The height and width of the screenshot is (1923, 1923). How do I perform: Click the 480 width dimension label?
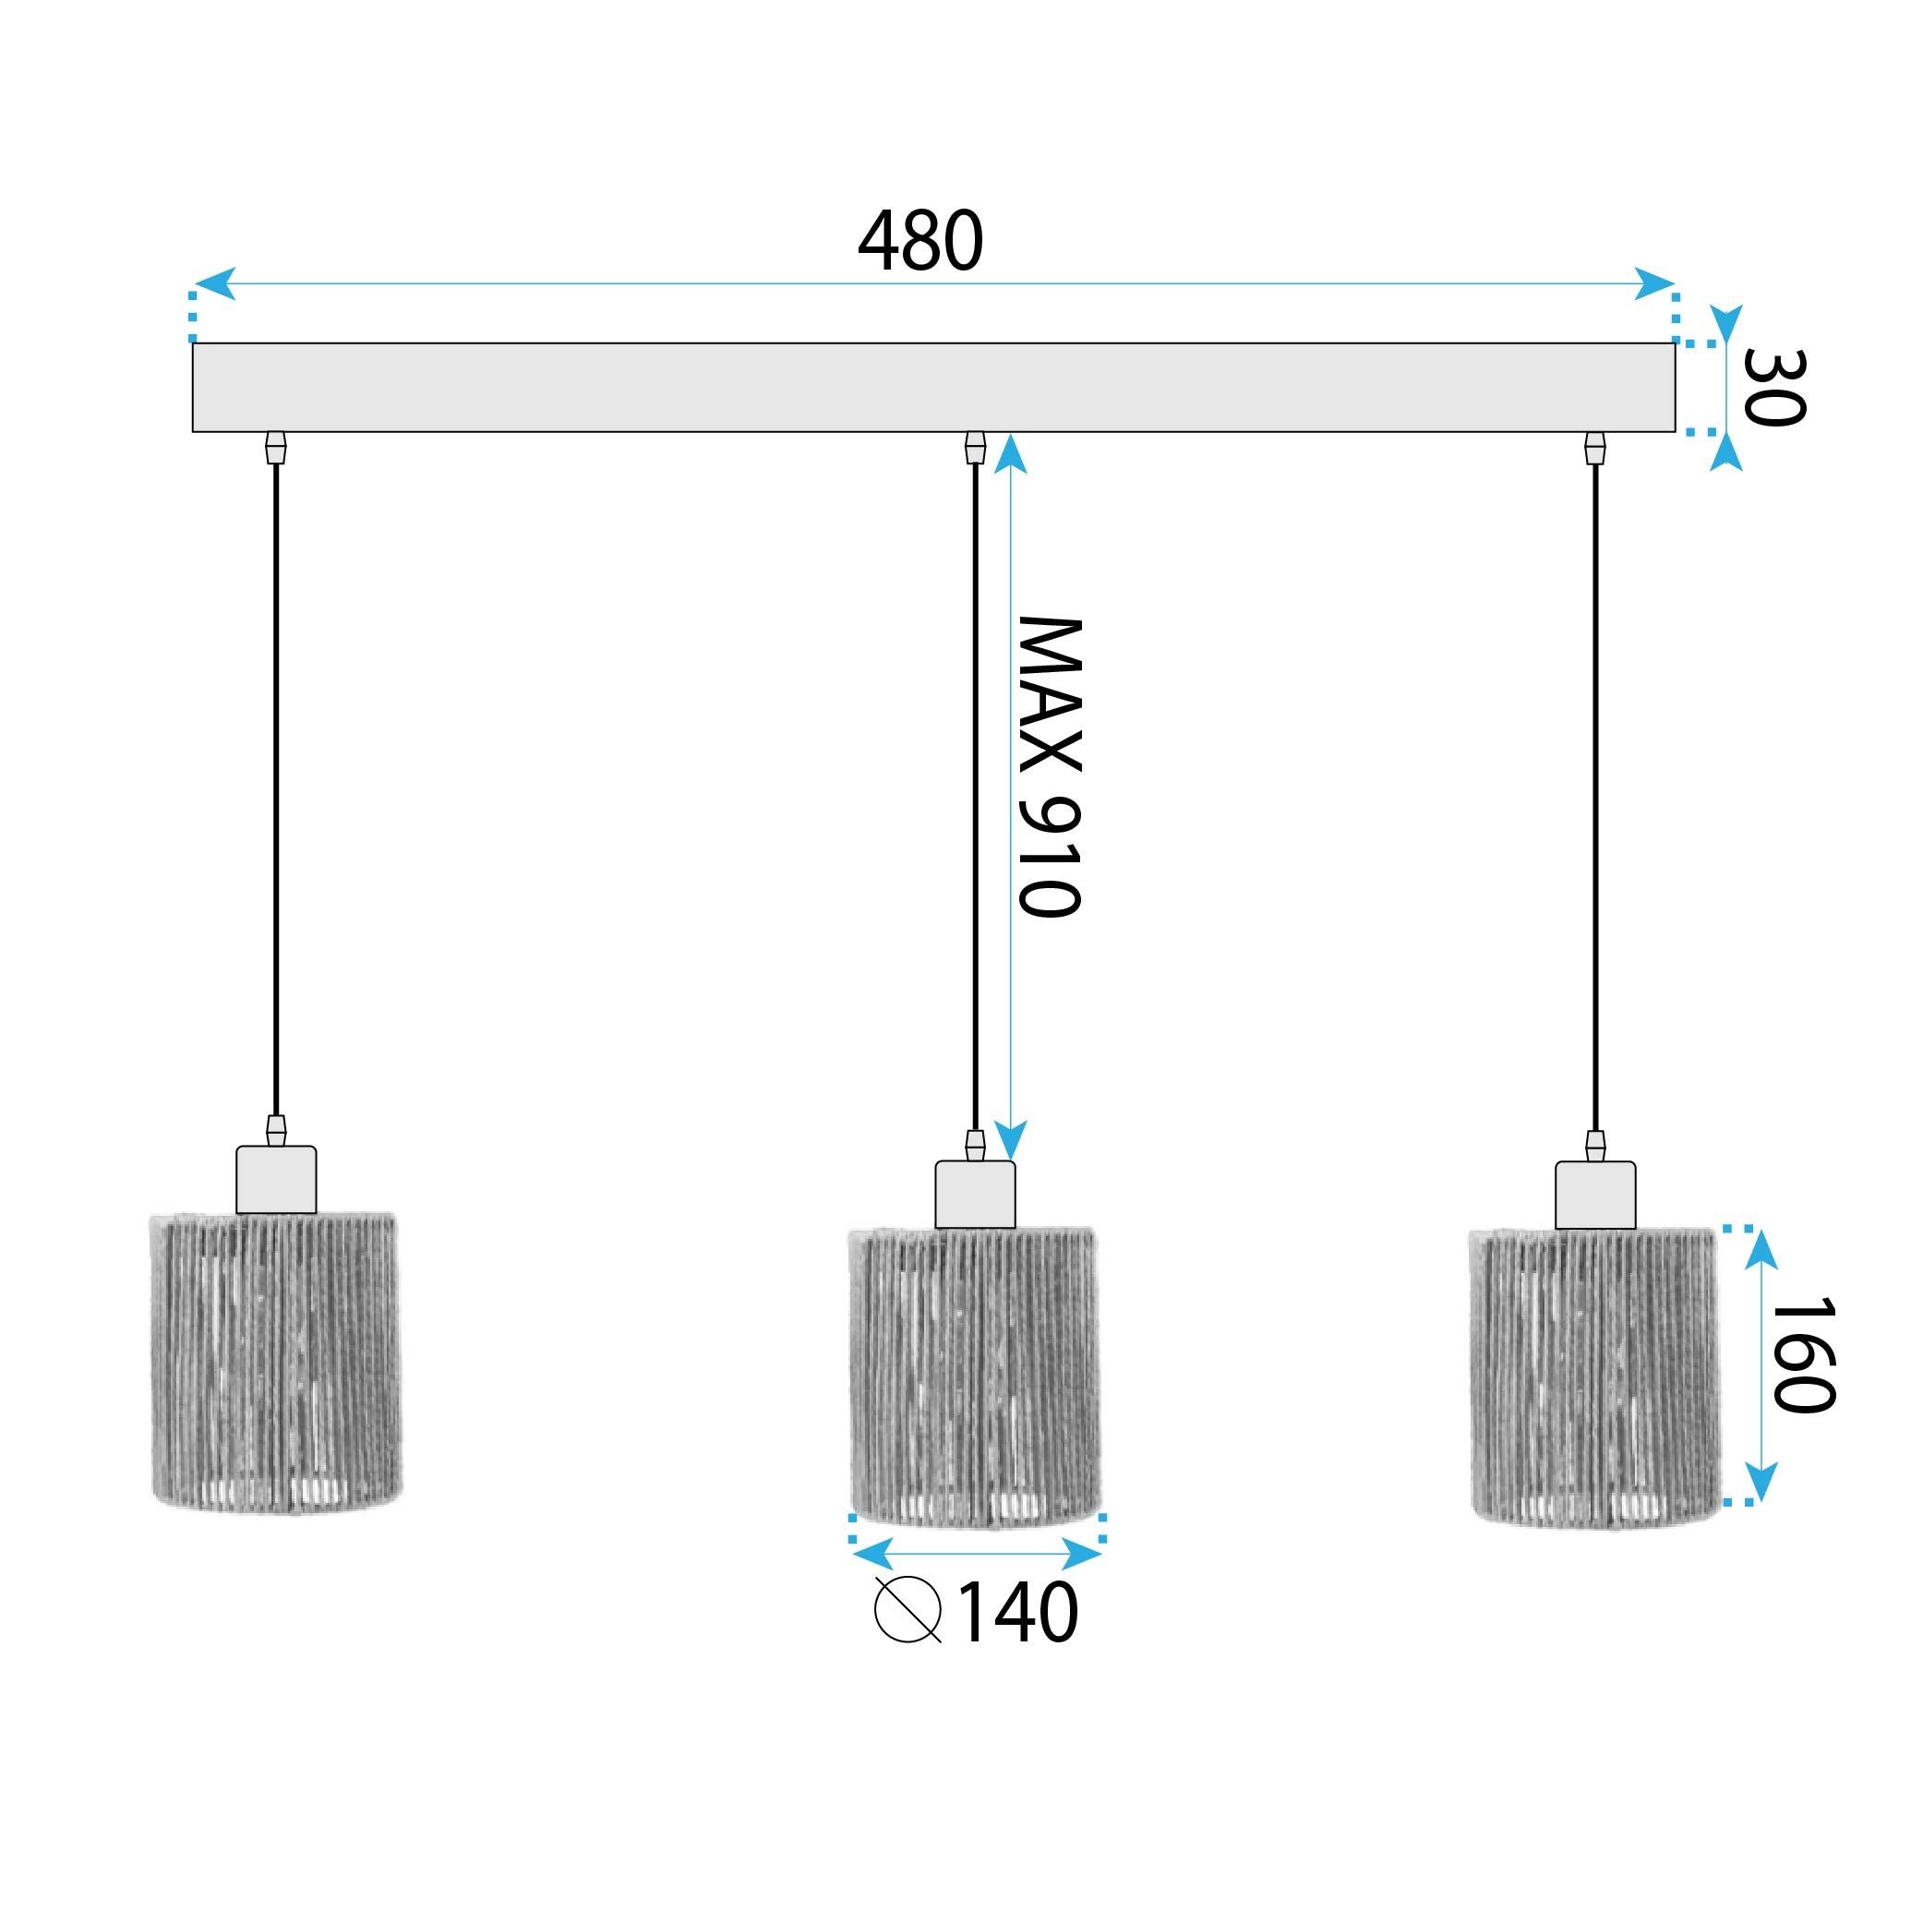click(919, 242)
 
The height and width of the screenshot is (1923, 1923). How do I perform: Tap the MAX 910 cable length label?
click(1048, 766)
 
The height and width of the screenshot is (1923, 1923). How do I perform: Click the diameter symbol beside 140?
click(907, 1609)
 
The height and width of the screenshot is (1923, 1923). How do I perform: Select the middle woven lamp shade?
click(976, 1377)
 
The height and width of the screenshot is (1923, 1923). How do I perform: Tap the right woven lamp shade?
click(1594, 1377)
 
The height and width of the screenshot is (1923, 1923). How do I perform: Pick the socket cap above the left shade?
click(276, 1181)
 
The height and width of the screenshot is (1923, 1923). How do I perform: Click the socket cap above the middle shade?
click(976, 1195)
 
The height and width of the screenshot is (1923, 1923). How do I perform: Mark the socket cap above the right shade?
click(1595, 1195)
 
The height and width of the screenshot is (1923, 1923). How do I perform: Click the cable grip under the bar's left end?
click(276, 448)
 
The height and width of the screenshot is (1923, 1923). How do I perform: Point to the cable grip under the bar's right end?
click(1595, 449)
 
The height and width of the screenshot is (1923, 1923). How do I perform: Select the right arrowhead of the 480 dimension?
click(1654, 283)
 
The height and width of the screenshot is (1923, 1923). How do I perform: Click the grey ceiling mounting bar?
click(932, 387)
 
